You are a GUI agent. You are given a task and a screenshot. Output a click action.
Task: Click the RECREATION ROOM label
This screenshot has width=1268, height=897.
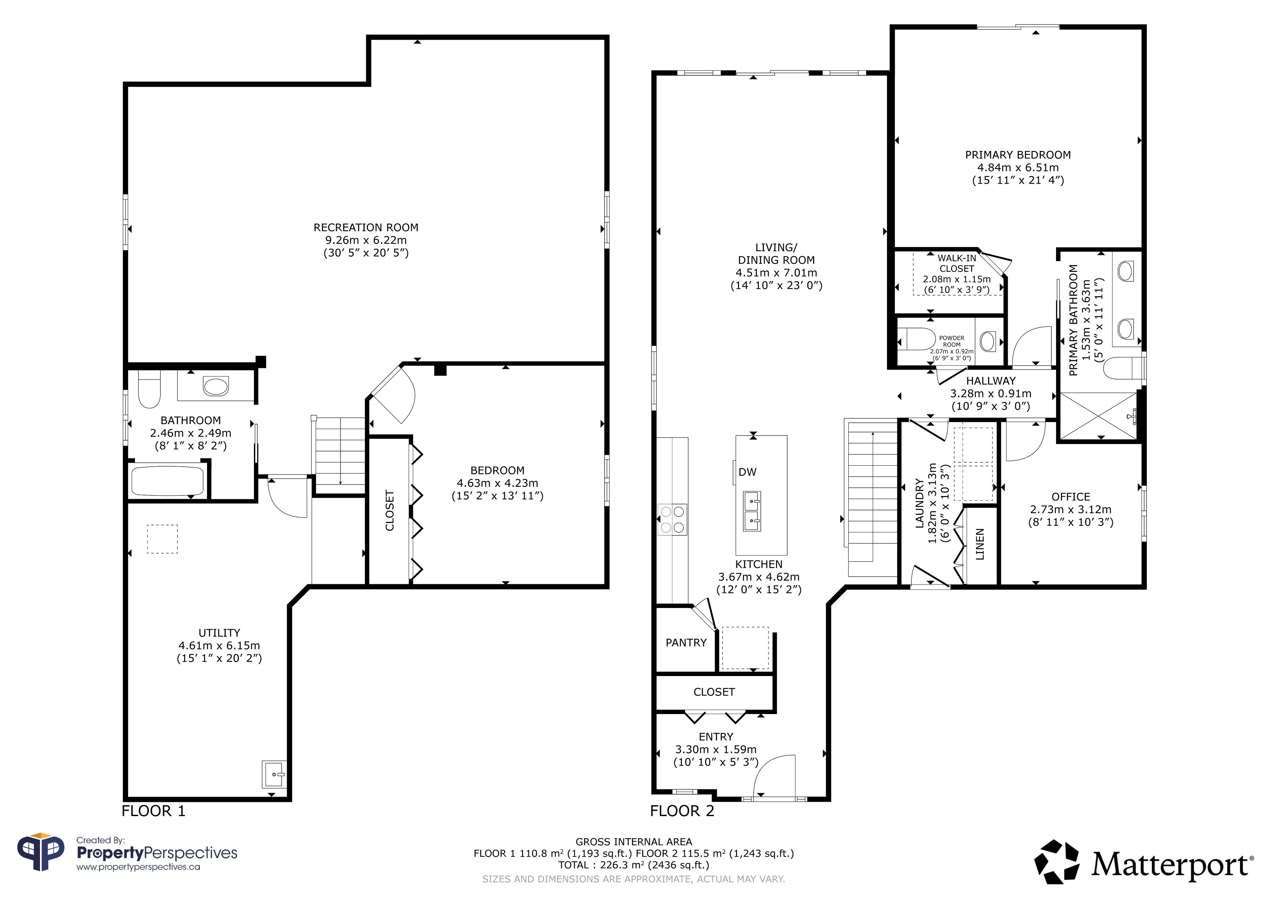click(x=366, y=228)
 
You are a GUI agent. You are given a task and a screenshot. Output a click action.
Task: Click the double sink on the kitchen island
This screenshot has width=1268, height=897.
click(x=751, y=511)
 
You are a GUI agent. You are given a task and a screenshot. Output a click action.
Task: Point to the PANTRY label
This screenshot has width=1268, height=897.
click(x=686, y=642)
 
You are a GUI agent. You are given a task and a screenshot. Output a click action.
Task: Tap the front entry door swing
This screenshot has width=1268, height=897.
click(x=774, y=776)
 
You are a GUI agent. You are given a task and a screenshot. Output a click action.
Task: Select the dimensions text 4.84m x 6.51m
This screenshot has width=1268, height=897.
click(x=1018, y=167)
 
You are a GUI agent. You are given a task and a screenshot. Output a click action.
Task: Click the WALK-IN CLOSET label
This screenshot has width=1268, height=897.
click(x=957, y=264)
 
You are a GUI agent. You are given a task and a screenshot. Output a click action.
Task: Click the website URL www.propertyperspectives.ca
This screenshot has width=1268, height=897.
click(x=138, y=867)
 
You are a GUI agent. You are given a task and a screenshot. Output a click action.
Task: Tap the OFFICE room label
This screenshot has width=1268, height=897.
click(x=1070, y=497)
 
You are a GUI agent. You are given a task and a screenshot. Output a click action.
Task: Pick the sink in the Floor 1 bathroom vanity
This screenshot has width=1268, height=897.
click(x=215, y=386)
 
